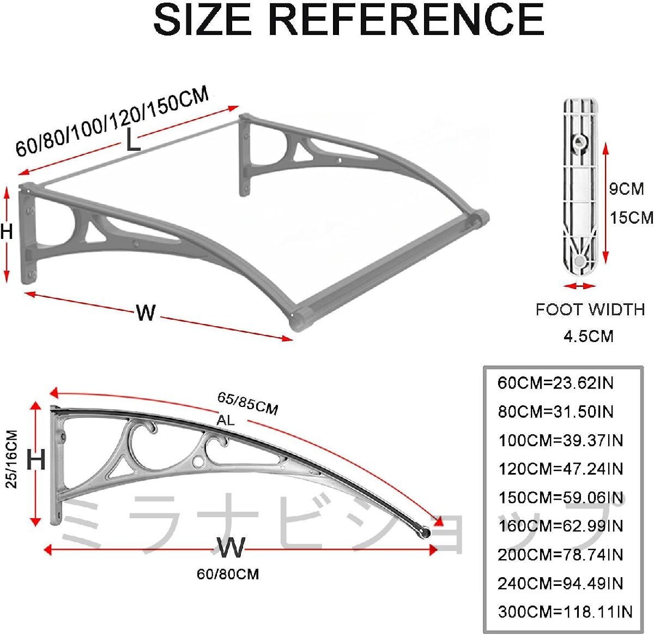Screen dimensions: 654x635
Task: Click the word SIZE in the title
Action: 202,20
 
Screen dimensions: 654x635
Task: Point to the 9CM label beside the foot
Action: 626,189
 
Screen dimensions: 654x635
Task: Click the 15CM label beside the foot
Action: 632,218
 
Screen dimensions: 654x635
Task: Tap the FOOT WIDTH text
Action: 590,309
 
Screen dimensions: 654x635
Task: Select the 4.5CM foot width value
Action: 589,336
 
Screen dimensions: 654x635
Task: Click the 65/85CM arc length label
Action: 247,404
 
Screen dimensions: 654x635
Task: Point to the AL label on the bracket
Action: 226,421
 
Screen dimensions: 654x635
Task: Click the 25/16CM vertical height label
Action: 12,459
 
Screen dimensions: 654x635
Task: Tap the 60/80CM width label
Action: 228,574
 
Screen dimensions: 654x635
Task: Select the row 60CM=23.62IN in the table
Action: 555,383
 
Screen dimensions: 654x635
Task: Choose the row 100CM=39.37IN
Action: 561,441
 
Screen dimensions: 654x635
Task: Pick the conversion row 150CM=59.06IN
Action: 561,498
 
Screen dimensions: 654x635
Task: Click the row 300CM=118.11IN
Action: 565,612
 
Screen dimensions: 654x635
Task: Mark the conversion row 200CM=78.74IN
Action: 560,555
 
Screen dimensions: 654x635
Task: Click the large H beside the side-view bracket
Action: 36,459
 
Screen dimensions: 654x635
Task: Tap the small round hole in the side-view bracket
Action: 198,462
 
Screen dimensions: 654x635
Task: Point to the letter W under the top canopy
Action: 146,313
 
